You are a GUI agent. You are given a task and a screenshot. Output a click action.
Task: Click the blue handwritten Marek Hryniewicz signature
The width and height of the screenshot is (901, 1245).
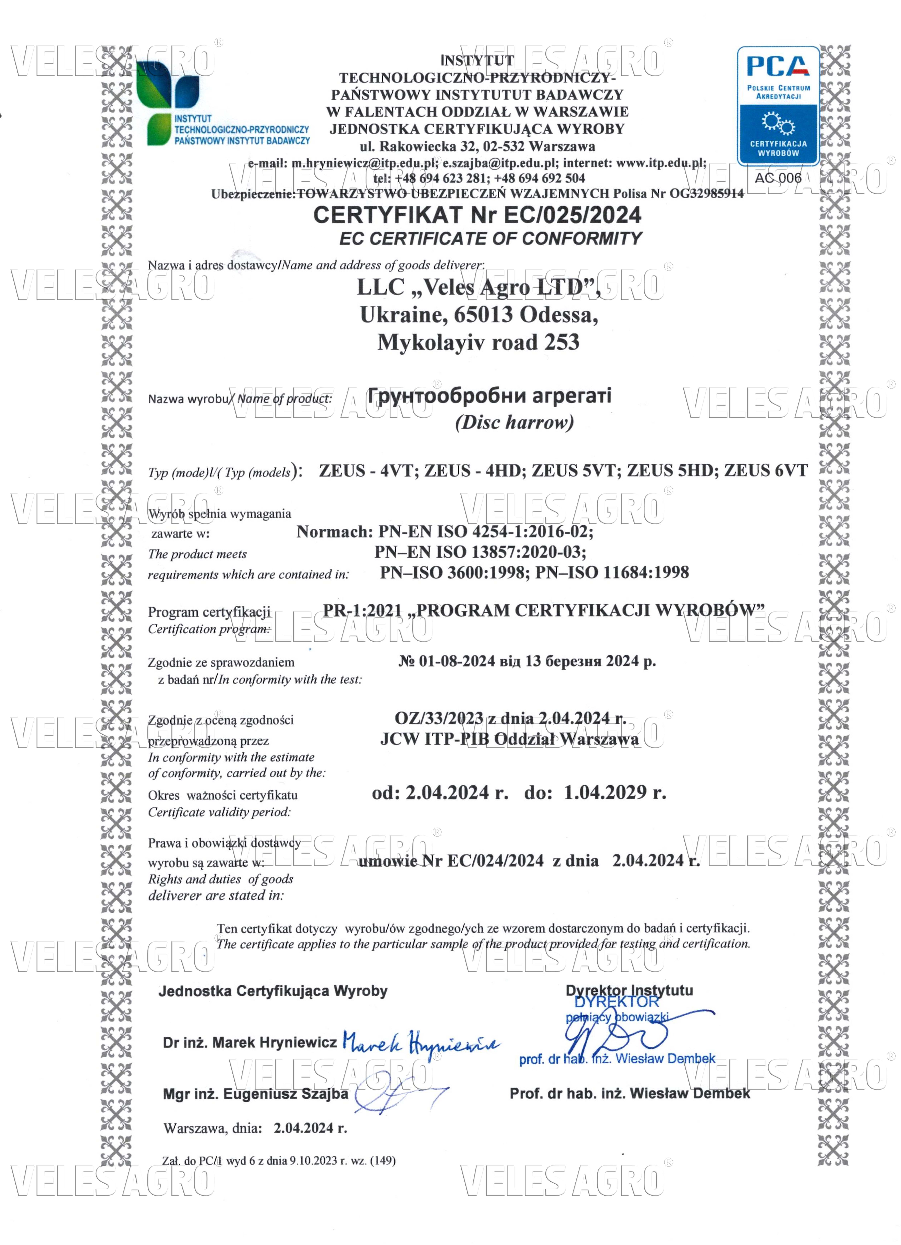pyautogui.click(x=420, y=1041)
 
